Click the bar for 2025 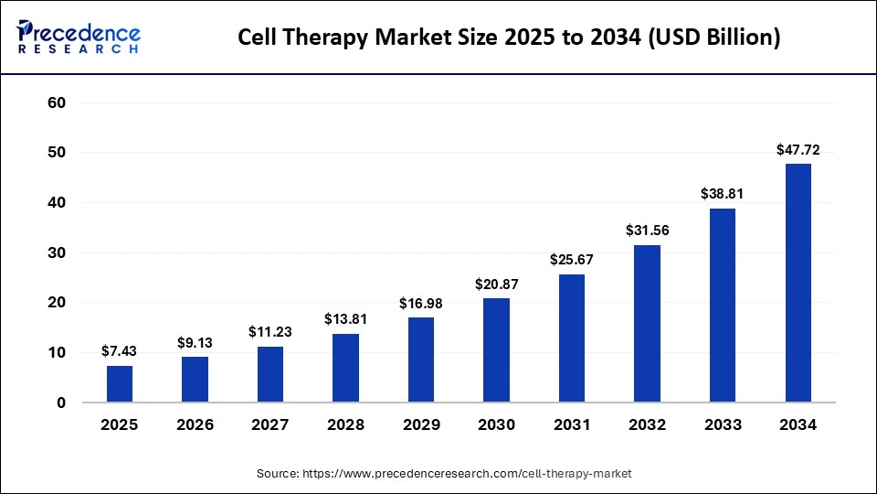click(x=120, y=384)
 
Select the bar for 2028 click(x=345, y=368)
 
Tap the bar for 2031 click(x=572, y=338)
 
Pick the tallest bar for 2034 click(x=798, y=283)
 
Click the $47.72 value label click(x=798, y=149)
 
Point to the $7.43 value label click(x=120, y=351)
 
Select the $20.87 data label click(x=496, y=285)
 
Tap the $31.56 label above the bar click(x=647, y=231)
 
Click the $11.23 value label click(x=270, y=332)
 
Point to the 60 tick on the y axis click(x=57, y=102)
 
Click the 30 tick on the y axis click(x=57, y=252)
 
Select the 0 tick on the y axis click(x=61, y=403)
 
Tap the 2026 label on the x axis click(x=195, y=425)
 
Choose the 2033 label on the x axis click(x=723, y=425)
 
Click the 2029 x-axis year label click(x=421, y=425)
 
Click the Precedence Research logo click(x=79, y=38)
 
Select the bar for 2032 click(x=647, y=324)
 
